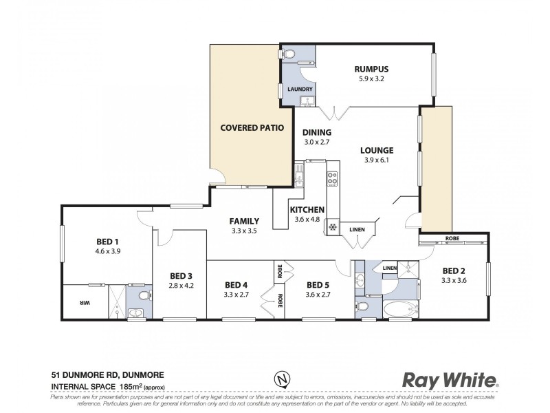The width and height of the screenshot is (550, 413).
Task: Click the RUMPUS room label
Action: [x=371, y=69]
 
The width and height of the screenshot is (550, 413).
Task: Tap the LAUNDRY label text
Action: [x=300, y=89]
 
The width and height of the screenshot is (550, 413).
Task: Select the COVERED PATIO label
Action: [x=252, y=127]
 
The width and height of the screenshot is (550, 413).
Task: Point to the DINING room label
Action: [x=317, y=133]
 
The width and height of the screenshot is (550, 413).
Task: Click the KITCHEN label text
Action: [x=306, y=210]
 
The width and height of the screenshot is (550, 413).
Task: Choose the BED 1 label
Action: [x=107, y=242]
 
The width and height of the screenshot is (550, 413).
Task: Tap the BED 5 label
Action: [x=318, y=285]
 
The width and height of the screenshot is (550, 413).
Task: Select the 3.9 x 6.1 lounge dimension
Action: [x=376, y=160]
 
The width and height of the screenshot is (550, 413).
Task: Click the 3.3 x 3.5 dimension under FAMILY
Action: [x=244, y=231]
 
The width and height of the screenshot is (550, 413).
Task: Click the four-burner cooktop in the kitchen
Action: [x=332, y=179]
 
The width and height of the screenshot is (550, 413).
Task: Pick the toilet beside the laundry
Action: [x=289, y=54]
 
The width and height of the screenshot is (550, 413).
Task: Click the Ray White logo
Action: [x=450, y=380]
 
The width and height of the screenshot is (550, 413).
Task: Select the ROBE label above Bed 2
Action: [x=452, y=239]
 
